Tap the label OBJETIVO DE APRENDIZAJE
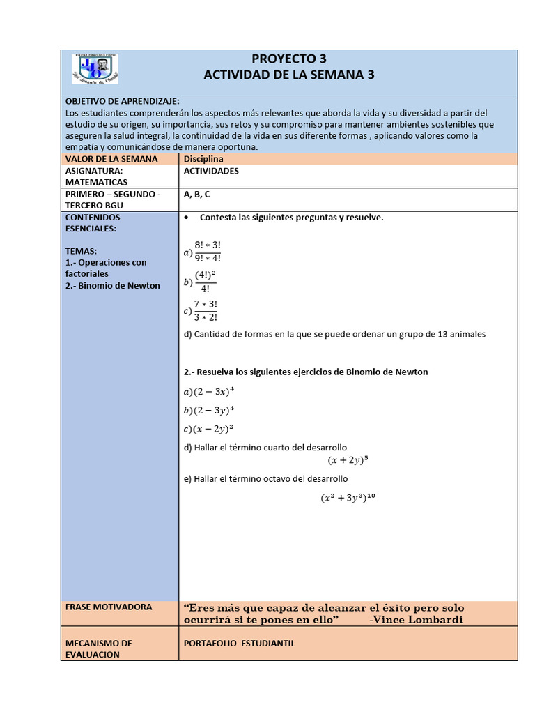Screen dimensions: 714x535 click(x=122, y=101)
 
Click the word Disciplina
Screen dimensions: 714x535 click(x=203, y=159)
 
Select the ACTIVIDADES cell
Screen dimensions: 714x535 click(x=211, y=171)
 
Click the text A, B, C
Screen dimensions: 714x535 click(x=196, y=195)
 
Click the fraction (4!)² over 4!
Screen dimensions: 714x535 click(x=205, y=282)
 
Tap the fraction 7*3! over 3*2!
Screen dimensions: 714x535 click(x=205, y=311)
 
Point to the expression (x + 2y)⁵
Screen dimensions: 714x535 click(x=348, y=460)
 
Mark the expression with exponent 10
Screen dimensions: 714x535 click(x=348, y=498)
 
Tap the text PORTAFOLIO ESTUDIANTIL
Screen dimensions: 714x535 click(x=239, y=644)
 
